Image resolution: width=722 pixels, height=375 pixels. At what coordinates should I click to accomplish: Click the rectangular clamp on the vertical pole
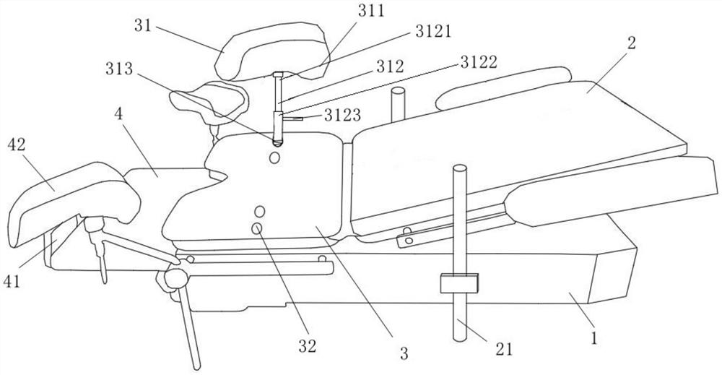point(460,283)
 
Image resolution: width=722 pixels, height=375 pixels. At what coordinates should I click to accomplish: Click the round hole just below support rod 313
point(275,158)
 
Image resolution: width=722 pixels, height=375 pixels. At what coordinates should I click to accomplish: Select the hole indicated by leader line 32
point(257,228)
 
